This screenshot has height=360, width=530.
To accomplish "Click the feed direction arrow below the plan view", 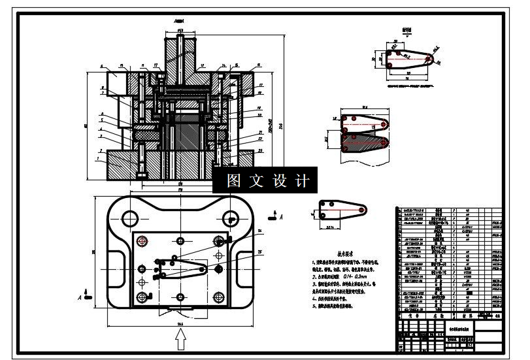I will click(x=182, y=339).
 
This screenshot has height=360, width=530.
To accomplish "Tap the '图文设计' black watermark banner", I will click(x=265, y=180).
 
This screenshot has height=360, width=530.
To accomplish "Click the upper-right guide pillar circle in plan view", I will click(x=229, y=218).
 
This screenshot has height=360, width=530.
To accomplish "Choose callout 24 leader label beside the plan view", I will click(x=259, y=231).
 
